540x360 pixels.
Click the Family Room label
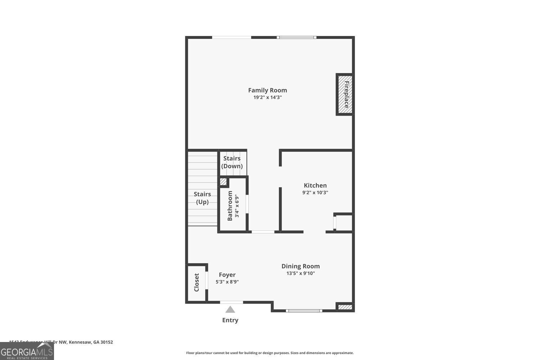click(267, 90)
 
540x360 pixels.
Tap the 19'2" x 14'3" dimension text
click(267, 98)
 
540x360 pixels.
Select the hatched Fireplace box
click(345, 94)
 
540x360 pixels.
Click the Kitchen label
click(315, 185)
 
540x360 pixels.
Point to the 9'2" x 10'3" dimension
click(315, 193)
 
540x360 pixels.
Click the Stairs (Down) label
click(232, 162)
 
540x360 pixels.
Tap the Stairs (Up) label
click(202, 198)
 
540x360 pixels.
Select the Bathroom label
click(230, 206)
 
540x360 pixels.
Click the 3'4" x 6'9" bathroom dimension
click(237, 206)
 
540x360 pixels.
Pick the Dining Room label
click(301, 266)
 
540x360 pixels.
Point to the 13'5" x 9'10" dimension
click(301, 274)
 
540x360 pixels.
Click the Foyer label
click(227, 275)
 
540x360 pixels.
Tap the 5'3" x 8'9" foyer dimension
click(227, 282)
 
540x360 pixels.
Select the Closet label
click(197, 283)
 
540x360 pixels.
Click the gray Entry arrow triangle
click(230, 310)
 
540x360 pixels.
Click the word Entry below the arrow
click(230, 320)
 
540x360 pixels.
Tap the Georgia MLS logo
click(27, 351)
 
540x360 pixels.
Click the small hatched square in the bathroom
click(223, 182)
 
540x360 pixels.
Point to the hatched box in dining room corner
click(345, 307)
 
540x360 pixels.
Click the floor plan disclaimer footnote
click(270, 353)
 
